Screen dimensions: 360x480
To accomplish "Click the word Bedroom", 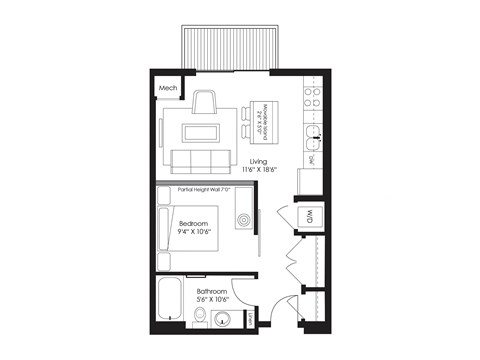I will tap(193, 222).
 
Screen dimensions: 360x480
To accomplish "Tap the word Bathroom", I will tap(211, 292).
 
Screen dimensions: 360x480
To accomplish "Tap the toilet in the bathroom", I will tap(201, 319).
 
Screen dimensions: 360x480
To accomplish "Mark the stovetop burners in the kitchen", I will tap(311, 96).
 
